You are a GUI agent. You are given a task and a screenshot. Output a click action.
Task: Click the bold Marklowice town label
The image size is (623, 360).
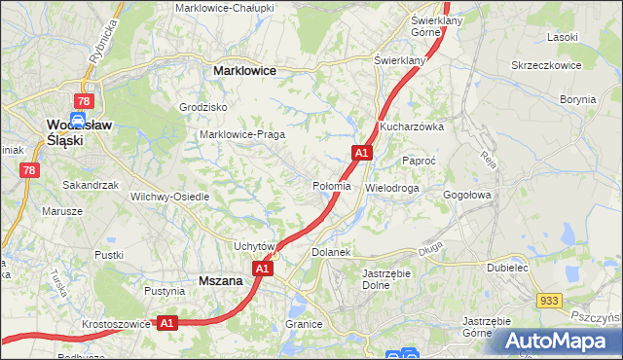[x=244, y=71]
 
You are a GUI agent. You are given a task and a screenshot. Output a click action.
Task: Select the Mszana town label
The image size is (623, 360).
[x=220, y=280]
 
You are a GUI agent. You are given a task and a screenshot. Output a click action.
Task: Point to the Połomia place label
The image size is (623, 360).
[x=331, y=186]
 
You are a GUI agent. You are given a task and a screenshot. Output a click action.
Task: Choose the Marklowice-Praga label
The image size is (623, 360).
[x=241, y=134]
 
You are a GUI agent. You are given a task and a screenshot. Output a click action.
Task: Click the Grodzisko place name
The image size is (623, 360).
[x=203, y=107]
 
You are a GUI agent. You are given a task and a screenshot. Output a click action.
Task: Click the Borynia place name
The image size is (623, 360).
[x=578, y=99]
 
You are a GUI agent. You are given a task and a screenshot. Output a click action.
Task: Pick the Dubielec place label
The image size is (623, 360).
[x=507, y=266]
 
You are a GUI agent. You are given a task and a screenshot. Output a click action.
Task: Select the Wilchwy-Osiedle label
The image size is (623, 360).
[x=170, y=196]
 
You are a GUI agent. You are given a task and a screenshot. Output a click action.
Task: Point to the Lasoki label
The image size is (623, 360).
[x=563, y=36]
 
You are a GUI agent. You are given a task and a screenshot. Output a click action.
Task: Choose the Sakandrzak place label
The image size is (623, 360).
[x=91, y=184]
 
